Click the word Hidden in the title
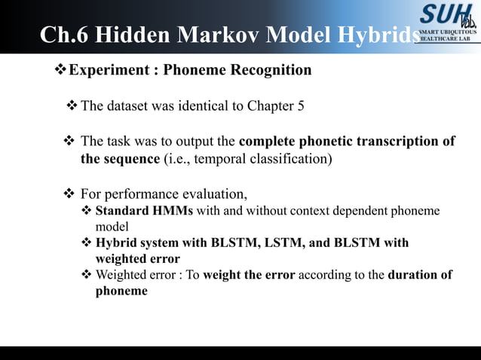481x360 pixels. point(136,36)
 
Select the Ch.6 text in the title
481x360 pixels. point(63,36)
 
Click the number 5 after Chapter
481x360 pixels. point(301,105)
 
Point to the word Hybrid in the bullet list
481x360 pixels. point(116,243)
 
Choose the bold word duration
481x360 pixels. point(413,274)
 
